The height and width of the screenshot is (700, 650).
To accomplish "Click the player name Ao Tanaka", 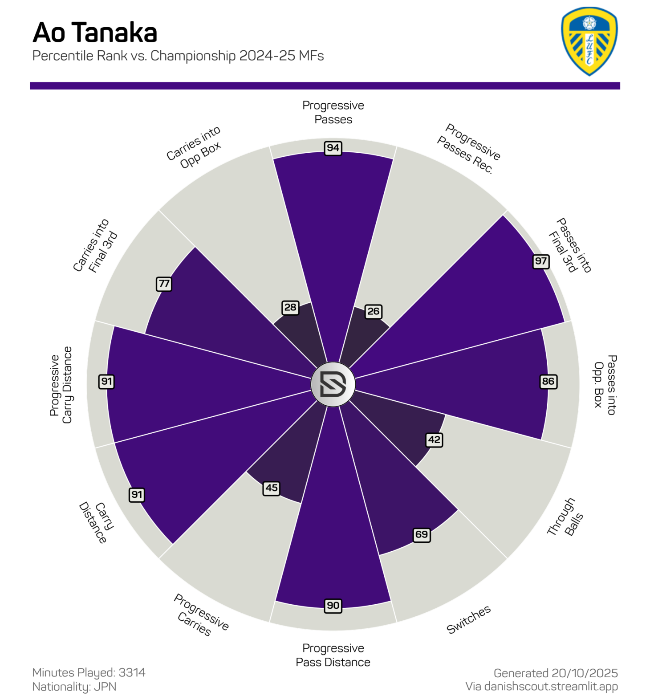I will (x=95, y=33).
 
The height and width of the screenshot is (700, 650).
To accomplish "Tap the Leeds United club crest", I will (x=589, y=41).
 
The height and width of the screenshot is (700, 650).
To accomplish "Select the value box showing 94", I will (x=333, y=148).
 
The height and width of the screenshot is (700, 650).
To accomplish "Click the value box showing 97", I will (x=541, y=261).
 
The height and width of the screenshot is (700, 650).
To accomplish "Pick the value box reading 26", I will (x=373, y=311).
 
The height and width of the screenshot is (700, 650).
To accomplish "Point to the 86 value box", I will (x=548, y=381).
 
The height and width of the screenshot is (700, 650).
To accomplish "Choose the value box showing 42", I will (x=434, y=440).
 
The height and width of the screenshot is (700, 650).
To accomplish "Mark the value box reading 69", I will (x=421, y=534).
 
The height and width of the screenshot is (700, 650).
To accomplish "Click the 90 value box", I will (x=333, y=606).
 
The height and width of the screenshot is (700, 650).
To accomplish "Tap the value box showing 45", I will (x=272, y=488).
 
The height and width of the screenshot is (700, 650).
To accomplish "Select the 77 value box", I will (x=164, y=284).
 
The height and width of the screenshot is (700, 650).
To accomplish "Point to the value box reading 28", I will (x=290, y=307).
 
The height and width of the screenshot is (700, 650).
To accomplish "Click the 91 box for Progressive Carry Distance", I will (x=106, y=381).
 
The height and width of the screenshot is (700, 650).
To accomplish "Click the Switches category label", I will (x=468, y=619).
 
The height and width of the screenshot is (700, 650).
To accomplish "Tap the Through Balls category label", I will (x=565, y=517).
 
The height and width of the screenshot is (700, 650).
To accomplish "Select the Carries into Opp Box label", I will (x=194, y=147).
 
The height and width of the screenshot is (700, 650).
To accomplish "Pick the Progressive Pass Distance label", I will (x=333, y=655).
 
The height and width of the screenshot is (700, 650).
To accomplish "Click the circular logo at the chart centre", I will (x=333, y=384).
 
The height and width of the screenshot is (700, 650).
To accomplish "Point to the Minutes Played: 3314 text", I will (x=89, y=672).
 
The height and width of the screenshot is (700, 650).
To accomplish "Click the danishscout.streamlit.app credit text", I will (x=542, y=686).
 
